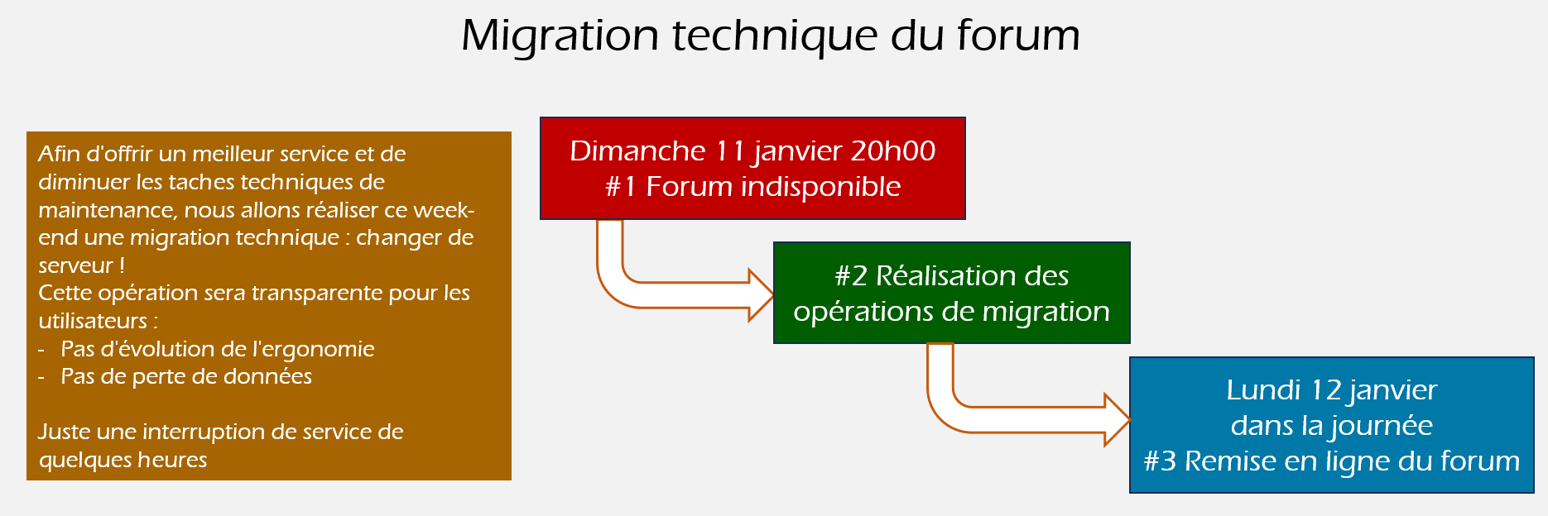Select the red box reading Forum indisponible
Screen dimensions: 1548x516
tap(752, 168)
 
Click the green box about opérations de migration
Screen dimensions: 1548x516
tap(951, 293)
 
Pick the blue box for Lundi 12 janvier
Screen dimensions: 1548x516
tap(1331, 425)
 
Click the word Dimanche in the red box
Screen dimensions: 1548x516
tap(637, 150)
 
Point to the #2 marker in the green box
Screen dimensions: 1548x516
tap(851, 275)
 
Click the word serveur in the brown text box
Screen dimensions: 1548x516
tap(75, 265)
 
